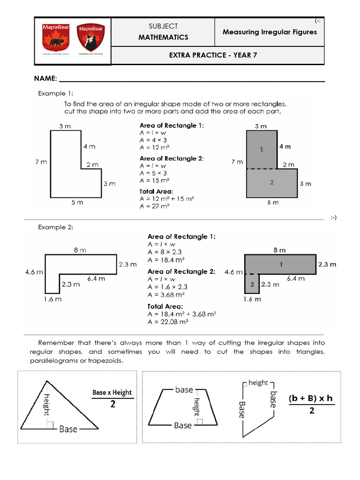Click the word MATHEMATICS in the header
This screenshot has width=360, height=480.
click(163, 37)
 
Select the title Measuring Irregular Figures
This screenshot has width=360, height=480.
click(270, 32)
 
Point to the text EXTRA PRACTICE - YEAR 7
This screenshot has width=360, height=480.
click(213, 55)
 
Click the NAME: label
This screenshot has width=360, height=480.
click(45, 78)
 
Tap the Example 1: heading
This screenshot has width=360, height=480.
click(55, 93)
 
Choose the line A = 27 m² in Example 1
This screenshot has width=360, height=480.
click(154, 206)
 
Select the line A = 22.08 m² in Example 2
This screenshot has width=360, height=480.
click(168, 322)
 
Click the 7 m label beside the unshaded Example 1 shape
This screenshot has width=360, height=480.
click(41, 162)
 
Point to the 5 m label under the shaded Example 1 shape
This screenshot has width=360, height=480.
click(272, 202)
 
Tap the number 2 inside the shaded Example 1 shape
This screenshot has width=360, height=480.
click(272, 182)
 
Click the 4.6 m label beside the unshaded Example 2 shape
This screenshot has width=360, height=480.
click(34, 271)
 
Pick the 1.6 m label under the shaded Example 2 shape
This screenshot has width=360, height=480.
click(252, 299)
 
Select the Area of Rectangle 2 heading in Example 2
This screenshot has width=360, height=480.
click(181, 271)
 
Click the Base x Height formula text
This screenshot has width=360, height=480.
click(112, 392)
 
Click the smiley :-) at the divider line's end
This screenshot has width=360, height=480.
click(333, 217)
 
